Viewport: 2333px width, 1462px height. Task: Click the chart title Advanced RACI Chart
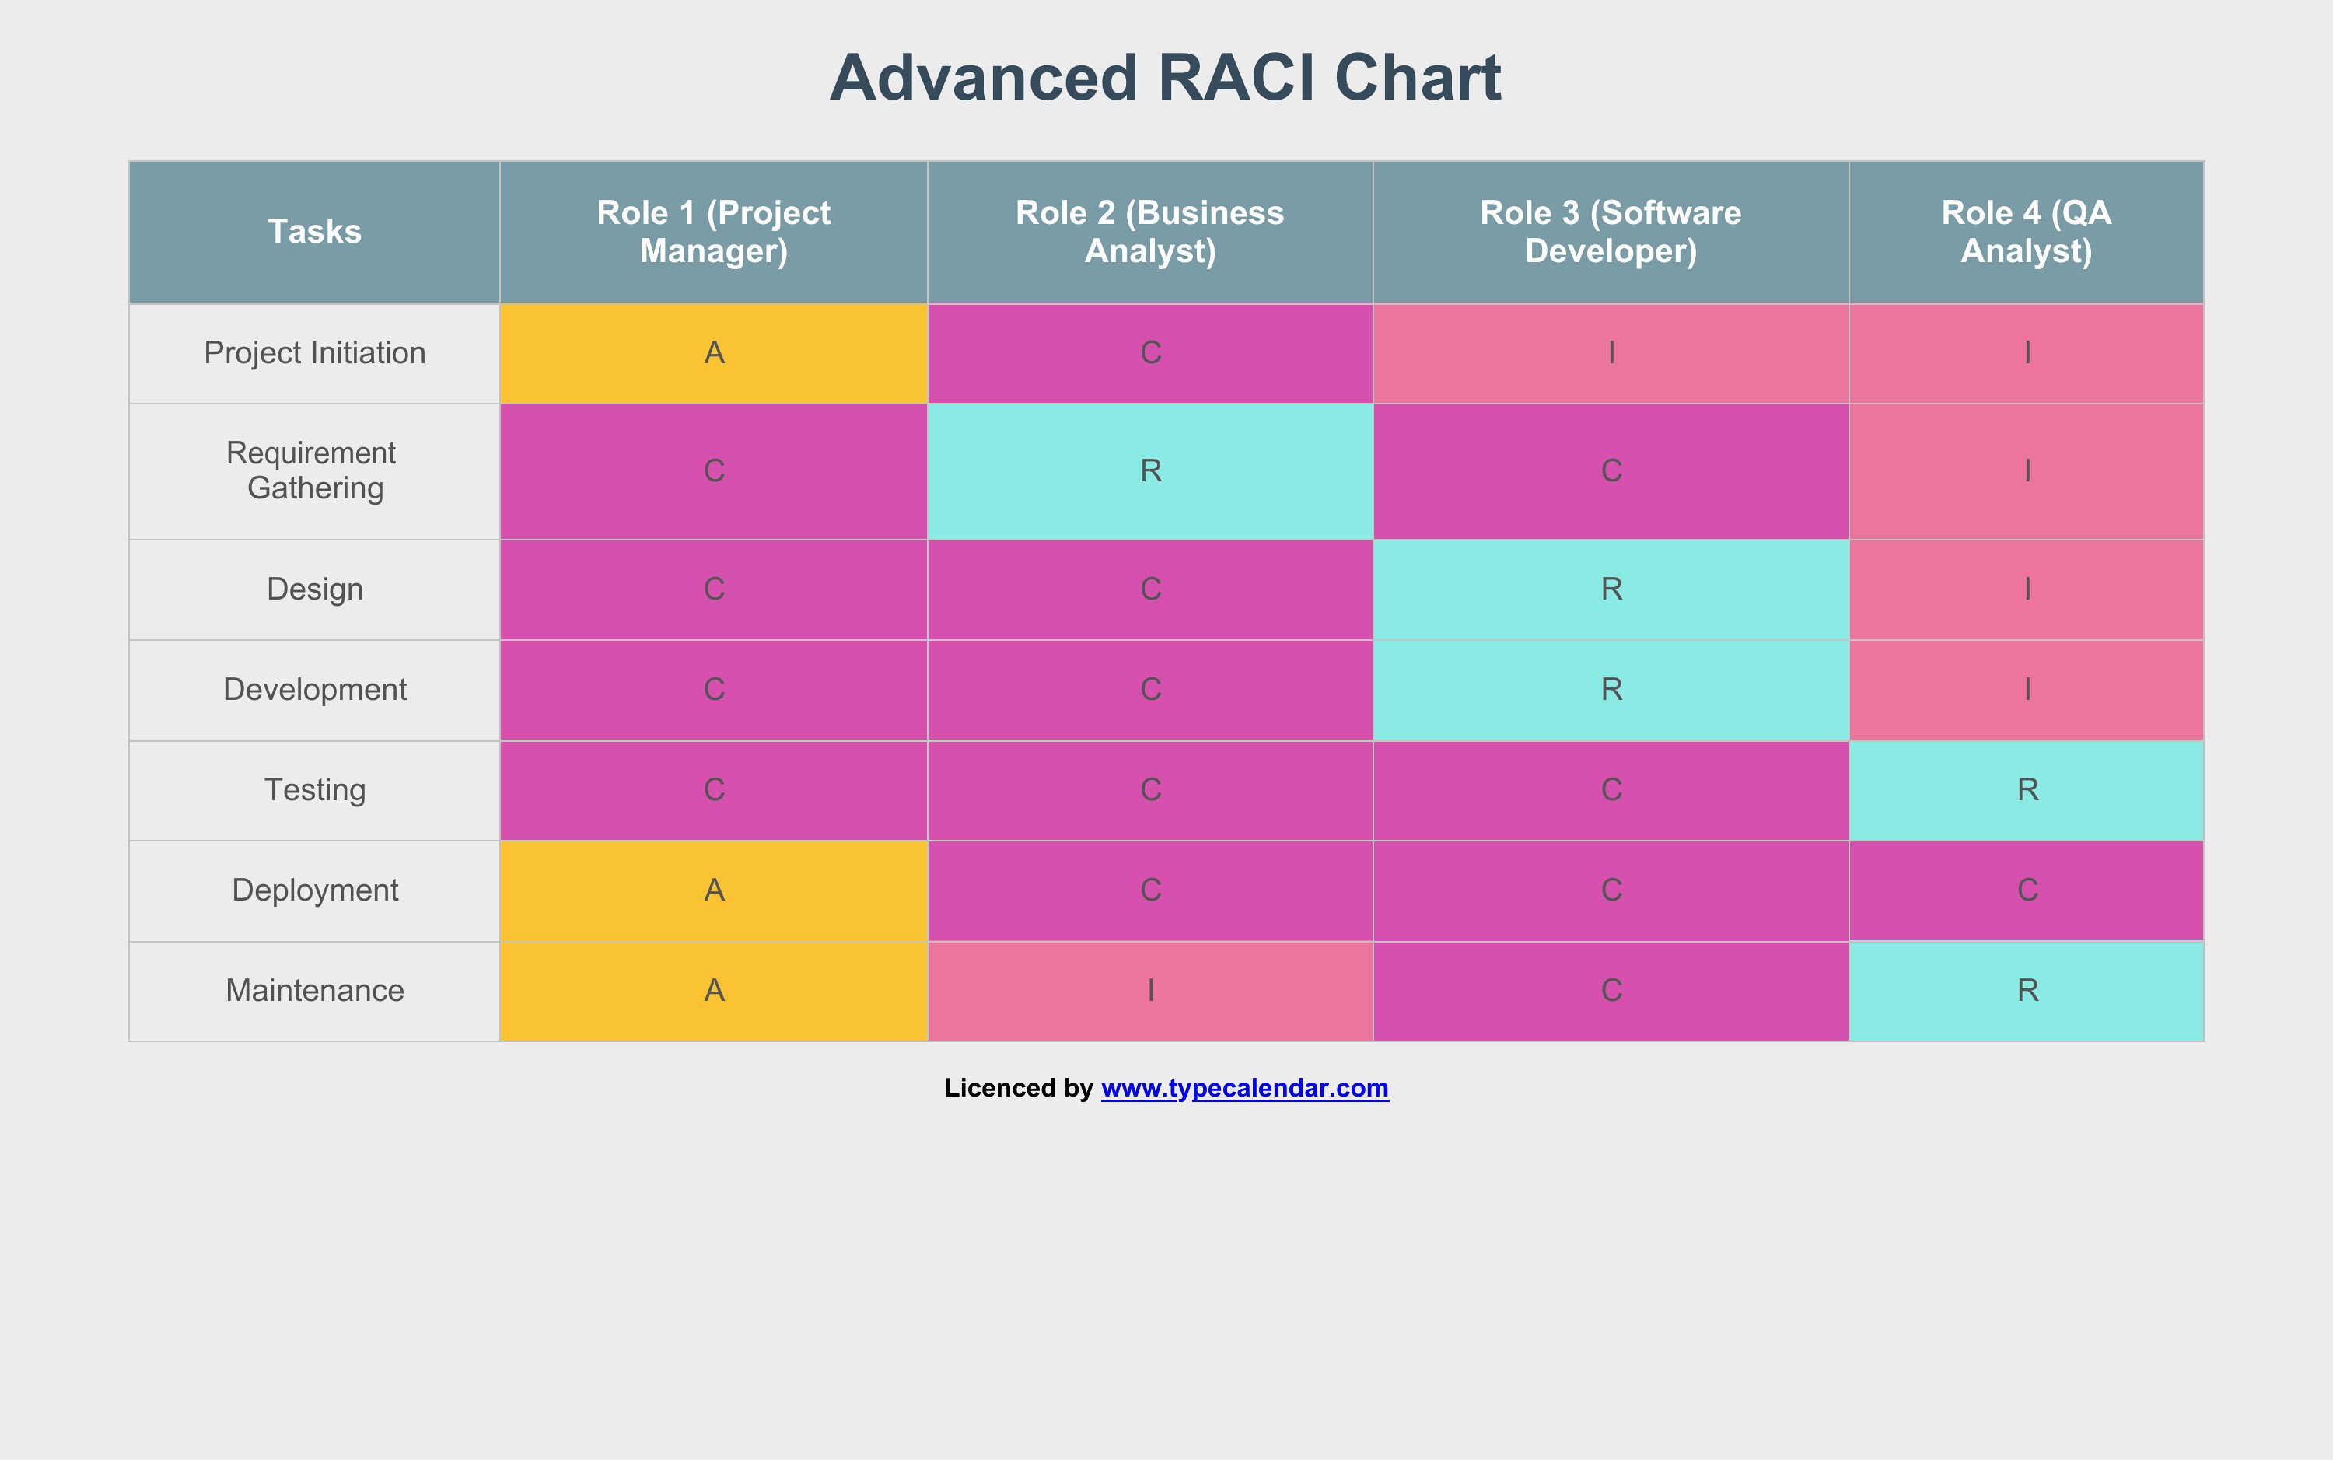click(1165, 77)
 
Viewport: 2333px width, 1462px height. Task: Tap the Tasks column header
click(314, 232)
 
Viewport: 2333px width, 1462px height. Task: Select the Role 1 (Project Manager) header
click(714, 232)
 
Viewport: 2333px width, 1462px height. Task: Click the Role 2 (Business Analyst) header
click(1150, 232)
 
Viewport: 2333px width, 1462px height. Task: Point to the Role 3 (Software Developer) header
click(1611, 232)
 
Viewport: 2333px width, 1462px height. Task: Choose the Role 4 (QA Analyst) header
click(2027, 232)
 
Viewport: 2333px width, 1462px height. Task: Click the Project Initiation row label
click(314, 353)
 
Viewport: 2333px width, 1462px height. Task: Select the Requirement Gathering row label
click(314, 471)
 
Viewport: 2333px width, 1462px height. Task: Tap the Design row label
click(314, 589)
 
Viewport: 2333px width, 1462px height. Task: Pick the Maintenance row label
click(314, 990)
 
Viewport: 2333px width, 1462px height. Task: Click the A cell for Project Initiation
click(714, 353)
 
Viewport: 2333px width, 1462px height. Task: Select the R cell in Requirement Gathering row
click(1150, 471)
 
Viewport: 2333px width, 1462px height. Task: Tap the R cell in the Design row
click(1611, 589)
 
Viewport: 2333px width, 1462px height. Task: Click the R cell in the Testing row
click(2027, 790)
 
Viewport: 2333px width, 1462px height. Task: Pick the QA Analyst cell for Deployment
click(2027, 890)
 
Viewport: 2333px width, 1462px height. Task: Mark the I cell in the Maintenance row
click(1150, 990)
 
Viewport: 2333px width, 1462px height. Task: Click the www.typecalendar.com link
click(1244, 1089)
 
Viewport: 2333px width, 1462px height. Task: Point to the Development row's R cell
click(1611, 690)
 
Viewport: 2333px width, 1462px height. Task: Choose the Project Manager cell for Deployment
click(714, 890)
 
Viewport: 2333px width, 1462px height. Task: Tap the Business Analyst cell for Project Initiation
click(1150, 353)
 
